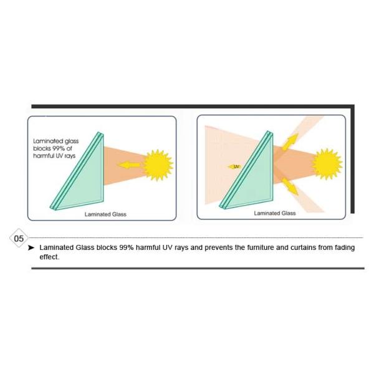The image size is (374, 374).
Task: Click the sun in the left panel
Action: tap(158, 165)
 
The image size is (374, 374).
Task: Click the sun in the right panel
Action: tap(327, 164)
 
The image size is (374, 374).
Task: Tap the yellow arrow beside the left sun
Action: tap(129, 165)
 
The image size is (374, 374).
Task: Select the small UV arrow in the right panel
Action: tap(234, 166)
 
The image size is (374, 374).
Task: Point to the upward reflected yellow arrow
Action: tap(290, 142)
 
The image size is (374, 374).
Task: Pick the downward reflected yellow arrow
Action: tap(290, 186)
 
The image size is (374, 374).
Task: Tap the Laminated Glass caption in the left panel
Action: tap(105, 214)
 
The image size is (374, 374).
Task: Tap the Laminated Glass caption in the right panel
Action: tap(275, 213)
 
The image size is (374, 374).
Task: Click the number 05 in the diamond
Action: tap(19, 238)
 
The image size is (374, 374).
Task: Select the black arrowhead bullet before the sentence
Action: tap(31, 248)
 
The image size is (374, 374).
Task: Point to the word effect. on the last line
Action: tap(49, 257)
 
